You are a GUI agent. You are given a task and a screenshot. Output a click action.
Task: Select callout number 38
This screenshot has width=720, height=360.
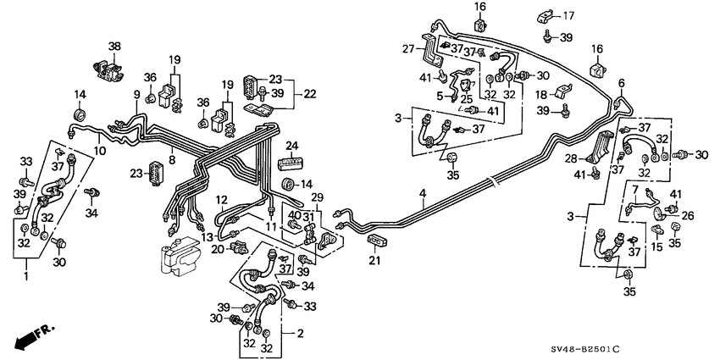[x=114, y=47]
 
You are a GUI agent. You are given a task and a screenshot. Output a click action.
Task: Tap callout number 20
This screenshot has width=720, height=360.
[x=218, y=249]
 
